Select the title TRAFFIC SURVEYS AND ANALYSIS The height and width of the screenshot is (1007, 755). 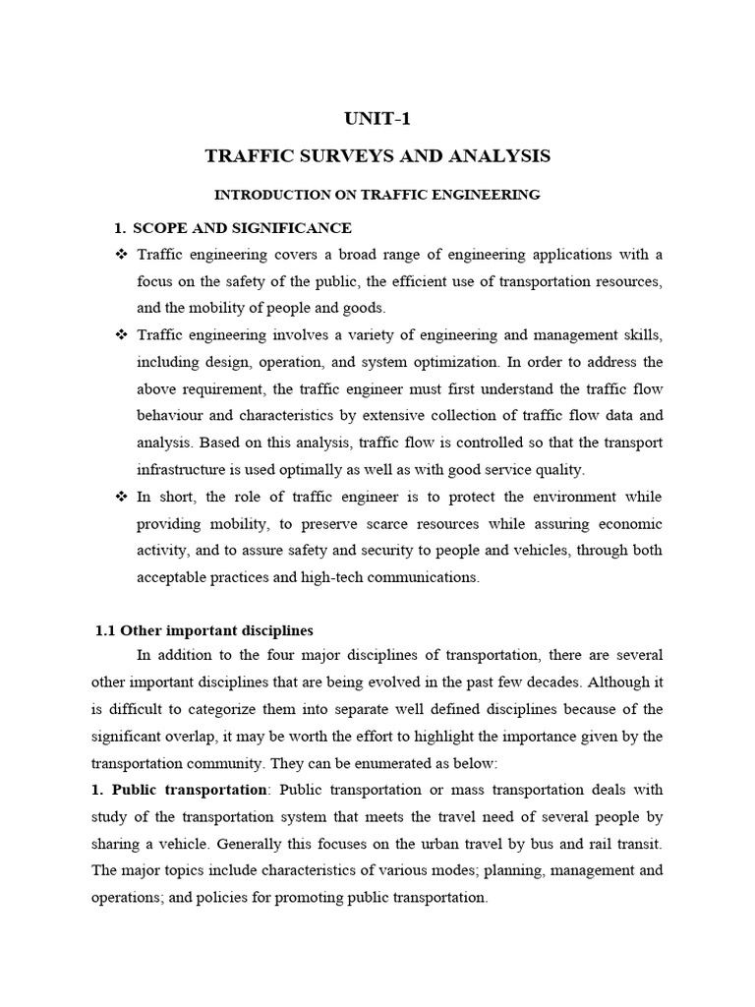(x=377, y=156)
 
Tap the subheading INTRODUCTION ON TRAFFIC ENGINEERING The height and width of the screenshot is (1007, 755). (x=377, y=195)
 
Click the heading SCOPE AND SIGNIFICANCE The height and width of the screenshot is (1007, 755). (x=242, y=228)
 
